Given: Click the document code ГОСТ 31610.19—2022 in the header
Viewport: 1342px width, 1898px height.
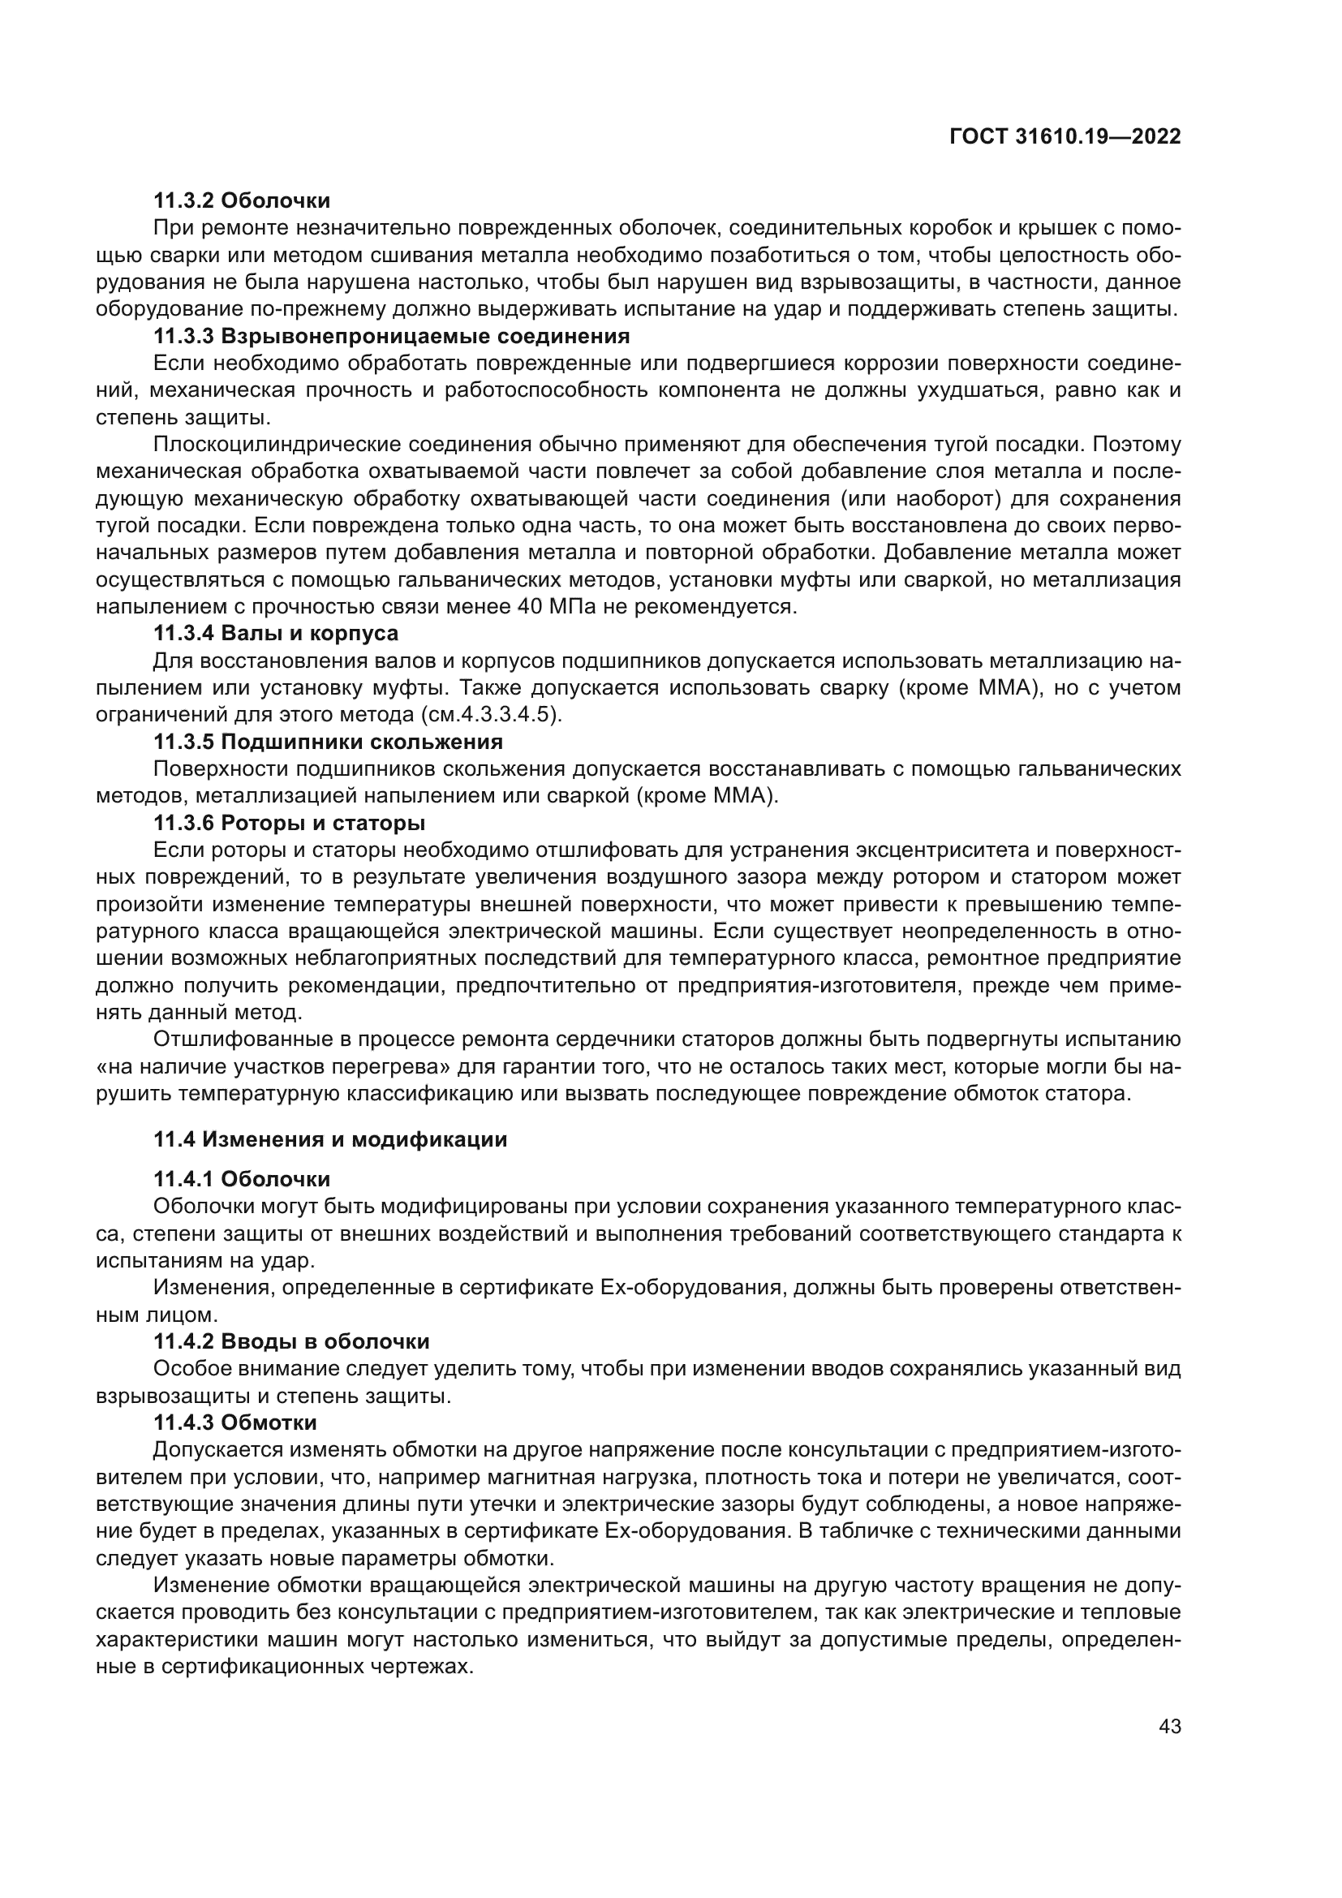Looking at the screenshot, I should tap(1065, 137).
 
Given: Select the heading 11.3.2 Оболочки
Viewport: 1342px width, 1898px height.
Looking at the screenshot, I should tap(241, 200).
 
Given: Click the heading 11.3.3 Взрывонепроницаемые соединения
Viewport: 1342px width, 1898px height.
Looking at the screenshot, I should tap(392, 337).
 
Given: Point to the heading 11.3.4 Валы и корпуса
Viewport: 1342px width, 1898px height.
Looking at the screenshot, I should tap(276, 633).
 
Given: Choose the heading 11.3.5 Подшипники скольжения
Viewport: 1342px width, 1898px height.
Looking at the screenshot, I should tap(328, 742).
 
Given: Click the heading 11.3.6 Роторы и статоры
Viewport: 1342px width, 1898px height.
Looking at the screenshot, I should tap(289, 823).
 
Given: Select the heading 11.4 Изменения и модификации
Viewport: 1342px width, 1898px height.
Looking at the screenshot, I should tap(330, 1139).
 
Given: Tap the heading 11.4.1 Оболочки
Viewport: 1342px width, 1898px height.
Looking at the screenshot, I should tap(241, 1179).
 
